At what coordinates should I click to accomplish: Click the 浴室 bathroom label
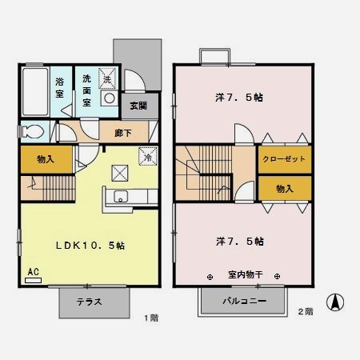tap(60, 87)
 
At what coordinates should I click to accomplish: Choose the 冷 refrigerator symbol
tap(148, 157)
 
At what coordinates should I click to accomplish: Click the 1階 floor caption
tap(151, 318)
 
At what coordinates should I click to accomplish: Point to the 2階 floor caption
tap(305, 311)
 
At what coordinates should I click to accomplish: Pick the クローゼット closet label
tap(285, 159)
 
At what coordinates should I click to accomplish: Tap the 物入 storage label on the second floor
tap(284, 188)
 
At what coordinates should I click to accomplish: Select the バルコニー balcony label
tap(243, 302)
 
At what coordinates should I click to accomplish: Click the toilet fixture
tap(32, 132)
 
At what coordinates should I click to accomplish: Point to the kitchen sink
tap(121, 198)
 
